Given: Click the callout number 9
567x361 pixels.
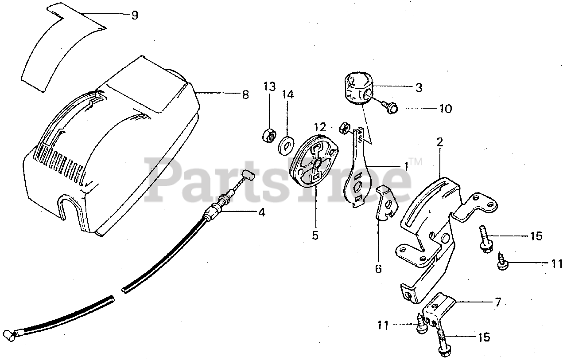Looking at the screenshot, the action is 135,15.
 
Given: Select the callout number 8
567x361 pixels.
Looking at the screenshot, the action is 245,94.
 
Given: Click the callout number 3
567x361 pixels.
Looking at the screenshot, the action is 418,87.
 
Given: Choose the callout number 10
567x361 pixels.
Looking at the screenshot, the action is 445,109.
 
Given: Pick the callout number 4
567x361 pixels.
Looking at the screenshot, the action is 262,212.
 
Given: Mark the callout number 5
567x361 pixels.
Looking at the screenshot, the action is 315,235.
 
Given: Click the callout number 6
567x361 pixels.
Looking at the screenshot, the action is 378,269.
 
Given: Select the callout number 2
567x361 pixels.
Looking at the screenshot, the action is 439,142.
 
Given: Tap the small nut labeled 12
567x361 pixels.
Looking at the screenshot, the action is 343,130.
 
